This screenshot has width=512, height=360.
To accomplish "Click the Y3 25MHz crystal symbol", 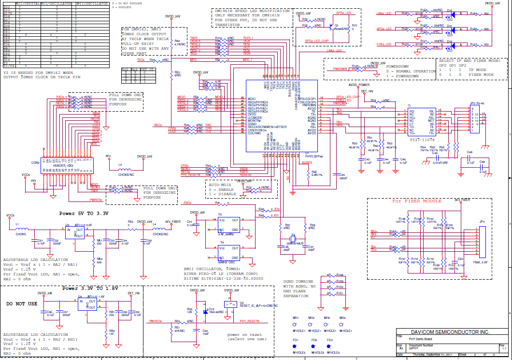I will point(293,239).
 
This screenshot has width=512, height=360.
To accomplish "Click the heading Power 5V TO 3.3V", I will point(84,213).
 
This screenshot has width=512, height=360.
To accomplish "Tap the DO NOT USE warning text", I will point(22,304).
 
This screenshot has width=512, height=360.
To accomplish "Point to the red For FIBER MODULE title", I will point(416,201).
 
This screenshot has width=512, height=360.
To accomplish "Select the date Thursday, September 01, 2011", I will point(432,354).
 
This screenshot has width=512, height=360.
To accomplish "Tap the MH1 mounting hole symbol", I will point(296,324).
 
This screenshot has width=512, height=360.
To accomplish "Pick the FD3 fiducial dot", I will point(330,346).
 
